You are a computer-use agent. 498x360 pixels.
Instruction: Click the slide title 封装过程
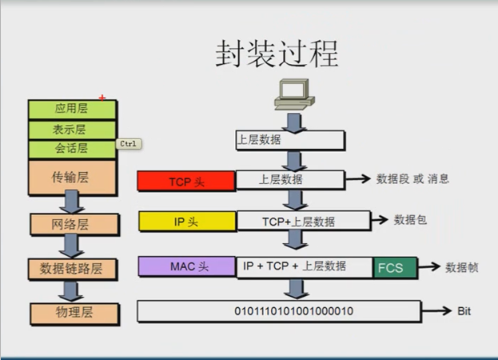[x=277, y=54]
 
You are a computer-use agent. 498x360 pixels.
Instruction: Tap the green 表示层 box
[x=72, y=129]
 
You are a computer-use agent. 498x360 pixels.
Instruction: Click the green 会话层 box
[x=72, y=149]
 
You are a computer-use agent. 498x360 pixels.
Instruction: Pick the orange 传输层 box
[x=72, y=177]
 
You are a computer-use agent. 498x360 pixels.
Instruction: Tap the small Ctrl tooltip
[x=129, y=144]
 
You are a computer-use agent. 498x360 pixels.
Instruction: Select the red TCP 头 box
[x=186, y=181]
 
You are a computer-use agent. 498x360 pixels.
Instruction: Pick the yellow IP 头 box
[x=186, y=221]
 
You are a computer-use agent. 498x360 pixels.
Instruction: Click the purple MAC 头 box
[x=186, y=266]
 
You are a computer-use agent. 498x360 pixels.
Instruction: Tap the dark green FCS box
[x=395, y=267]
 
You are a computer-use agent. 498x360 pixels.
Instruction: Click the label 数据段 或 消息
[x=413, y=179]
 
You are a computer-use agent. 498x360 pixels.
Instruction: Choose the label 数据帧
[x=461, y=267]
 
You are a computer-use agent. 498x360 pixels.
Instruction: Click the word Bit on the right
[x=464, y=310]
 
